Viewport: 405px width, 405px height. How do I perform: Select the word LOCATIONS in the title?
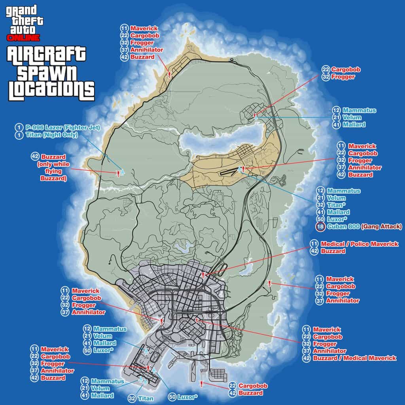51,91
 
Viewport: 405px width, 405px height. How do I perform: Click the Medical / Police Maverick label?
360,244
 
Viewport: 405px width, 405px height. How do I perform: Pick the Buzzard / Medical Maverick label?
354,358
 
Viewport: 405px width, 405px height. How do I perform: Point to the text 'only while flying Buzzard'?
53,171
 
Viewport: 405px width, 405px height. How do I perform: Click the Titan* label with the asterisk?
337,205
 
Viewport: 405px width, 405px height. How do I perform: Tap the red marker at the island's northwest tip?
169,74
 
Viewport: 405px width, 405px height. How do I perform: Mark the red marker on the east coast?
269,283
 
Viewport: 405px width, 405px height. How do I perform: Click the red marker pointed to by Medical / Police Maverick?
203,274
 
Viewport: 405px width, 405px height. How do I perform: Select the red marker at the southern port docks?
202,383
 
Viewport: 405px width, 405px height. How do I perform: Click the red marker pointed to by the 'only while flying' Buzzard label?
118,173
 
